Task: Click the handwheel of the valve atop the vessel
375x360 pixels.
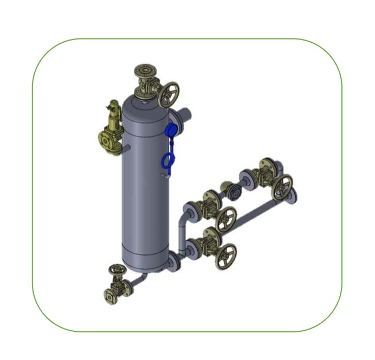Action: pyautogui.click(x=169, y=95)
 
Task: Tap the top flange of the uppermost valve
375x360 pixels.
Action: pyautogui.click(x=146, y=70)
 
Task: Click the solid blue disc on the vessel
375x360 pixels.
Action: pyautogui.click(x=170, y=132)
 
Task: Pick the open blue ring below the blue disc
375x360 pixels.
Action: pyautogui.click(x=168, y=160)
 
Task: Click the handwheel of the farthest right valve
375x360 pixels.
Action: pyautogui.click(x=282, y=187)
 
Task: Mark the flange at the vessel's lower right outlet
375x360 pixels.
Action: pyautogui.click(x=173, y=261)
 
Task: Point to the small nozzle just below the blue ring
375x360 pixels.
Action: pyautogui.click(x=164, y=175)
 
